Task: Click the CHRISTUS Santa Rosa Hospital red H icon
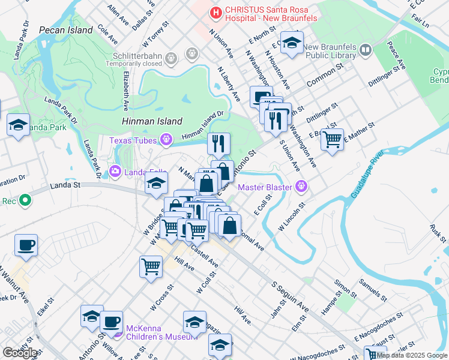coord(214,11)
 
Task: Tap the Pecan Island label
coord(66,30)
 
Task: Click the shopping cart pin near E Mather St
coord(332,140)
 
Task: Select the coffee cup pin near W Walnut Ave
coord(26,245)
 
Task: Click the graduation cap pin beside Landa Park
coord(19,126)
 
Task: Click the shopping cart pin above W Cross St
coord(151,266)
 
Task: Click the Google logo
coord(20,353)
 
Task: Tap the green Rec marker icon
coord(25,201)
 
